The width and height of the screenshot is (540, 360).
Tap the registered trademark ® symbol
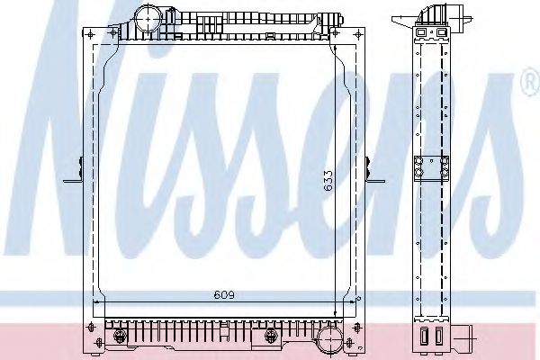(x=529, y=85)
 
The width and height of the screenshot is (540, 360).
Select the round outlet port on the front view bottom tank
(x=330, y=339)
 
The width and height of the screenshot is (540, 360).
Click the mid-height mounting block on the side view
(x=430, y=169)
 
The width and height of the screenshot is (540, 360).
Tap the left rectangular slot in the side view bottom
(x=423, y=335)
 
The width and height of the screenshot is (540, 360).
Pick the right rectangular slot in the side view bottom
(x=438, y=335)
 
